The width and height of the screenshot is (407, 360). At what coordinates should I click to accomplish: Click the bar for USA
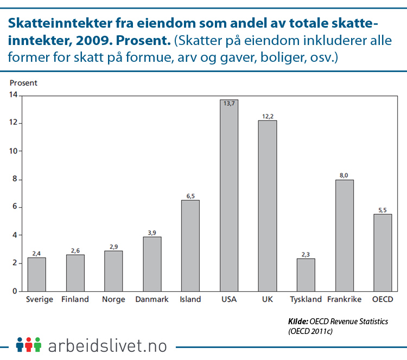click(228, 195)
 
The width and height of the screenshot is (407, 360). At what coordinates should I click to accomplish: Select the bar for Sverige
click(37, 274)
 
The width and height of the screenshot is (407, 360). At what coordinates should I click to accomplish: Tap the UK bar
click(267, 205)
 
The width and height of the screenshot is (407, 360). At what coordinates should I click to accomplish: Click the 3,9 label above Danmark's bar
click(152, 233)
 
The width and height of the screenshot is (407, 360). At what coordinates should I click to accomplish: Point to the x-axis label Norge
click(113, 299)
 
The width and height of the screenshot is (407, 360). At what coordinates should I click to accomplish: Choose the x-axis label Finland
click(75, 299)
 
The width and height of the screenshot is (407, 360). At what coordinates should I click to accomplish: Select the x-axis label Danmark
click(151, 299)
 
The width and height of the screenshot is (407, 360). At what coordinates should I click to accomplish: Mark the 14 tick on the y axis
click(13, 95)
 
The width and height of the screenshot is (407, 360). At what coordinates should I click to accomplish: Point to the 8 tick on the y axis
click(15, 179)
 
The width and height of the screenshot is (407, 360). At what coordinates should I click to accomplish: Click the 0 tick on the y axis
click(15, 291)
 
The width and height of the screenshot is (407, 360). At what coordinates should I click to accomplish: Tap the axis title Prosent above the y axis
click(23, 83)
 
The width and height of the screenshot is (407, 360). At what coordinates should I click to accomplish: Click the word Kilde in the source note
click(297, 322)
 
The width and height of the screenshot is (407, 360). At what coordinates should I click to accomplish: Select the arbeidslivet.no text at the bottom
click(107, 345)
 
